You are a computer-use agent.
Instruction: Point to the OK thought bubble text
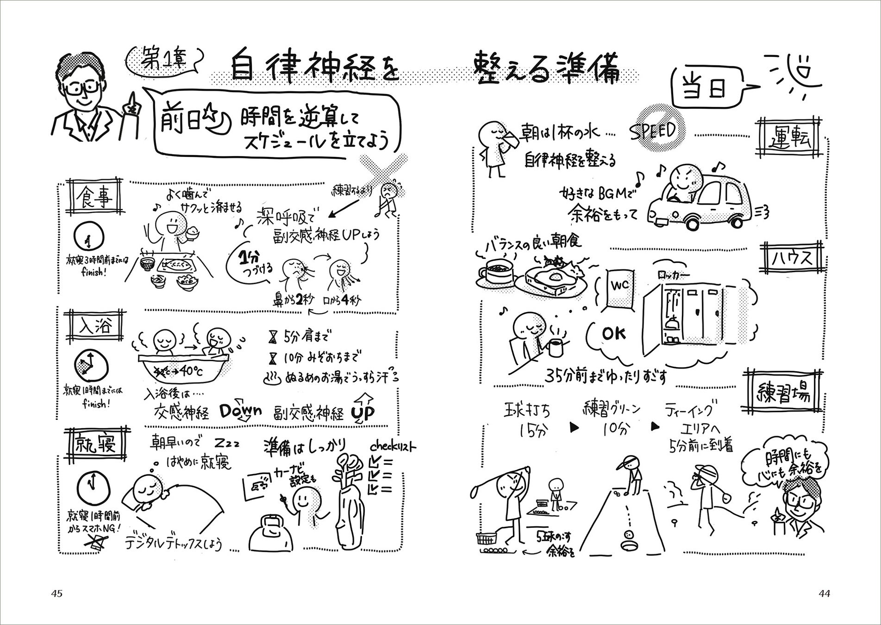tap(614, 333)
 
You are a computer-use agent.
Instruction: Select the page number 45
tap(57, 594)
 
